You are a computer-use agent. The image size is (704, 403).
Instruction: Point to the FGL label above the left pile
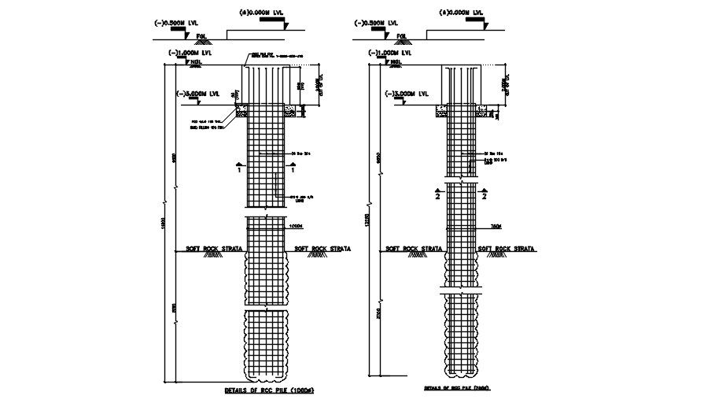pos(202,36)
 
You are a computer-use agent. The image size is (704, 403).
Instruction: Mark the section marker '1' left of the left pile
pos(238,168)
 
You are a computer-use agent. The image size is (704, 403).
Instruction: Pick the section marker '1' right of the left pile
pos(293,168)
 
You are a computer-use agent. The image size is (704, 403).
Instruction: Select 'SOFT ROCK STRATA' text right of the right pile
pos(507,248)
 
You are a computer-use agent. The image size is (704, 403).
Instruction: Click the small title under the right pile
pos(457,388)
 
